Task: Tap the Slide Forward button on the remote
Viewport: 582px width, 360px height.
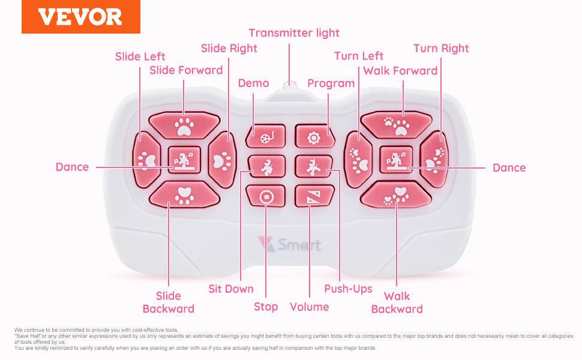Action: click(x=184, y=124)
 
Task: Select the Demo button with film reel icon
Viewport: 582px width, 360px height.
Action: click(x=265, y=137)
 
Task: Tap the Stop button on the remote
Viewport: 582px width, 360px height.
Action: click(x=265, y=196)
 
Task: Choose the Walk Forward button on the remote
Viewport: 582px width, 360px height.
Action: click(x=396, y=124)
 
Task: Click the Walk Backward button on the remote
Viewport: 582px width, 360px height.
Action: click(x=396, y=196)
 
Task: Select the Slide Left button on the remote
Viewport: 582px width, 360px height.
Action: click(x=146, y=160)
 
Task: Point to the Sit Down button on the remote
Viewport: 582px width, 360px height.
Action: click(x=265, y=167)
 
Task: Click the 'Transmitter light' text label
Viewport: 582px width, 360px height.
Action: click(x=294, y=33)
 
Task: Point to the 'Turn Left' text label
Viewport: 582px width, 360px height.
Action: click(x=359, y=56)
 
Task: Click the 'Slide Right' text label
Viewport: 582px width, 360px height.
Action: click(x=229, y=49)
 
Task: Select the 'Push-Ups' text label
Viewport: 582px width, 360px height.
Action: click(x=348, y=289)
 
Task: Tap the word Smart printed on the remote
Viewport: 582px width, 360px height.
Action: click(x=299, y=245)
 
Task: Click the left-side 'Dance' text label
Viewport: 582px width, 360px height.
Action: click(x=72, y=167)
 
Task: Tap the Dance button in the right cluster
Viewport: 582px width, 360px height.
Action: click(x=396, y=160)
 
